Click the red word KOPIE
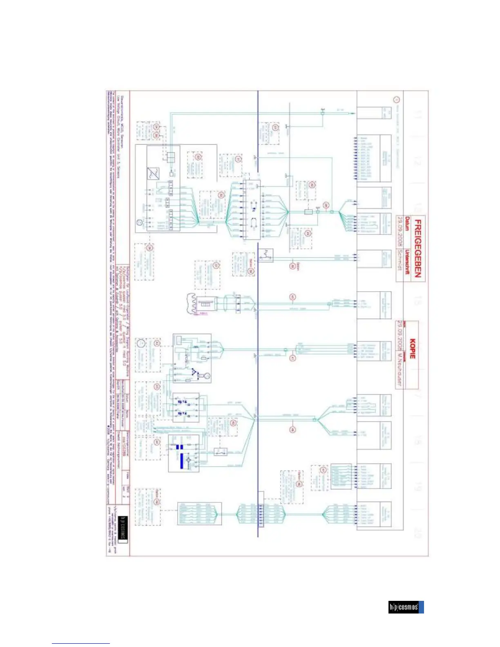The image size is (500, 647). point(413,348)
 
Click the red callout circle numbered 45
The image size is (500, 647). point(292,297)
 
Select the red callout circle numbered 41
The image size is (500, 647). point(292,358)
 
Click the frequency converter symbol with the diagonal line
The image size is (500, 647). point(153,174)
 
